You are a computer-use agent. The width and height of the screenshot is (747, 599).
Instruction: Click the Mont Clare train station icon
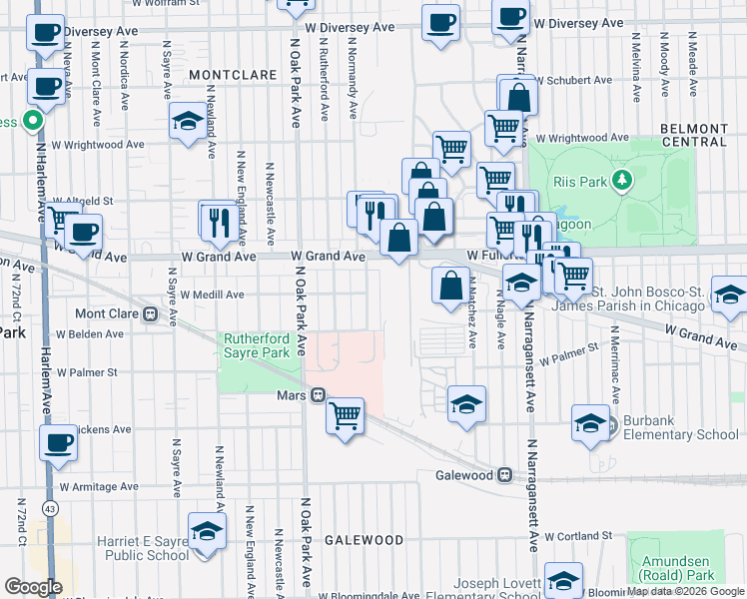click(151, 313)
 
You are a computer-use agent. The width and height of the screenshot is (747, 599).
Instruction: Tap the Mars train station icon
click(318, 394)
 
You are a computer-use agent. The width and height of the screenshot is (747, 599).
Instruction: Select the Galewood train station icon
click(505, 475)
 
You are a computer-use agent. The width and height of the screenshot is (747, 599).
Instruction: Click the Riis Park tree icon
click(622, 180)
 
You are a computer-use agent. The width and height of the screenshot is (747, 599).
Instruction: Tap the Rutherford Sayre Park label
click(256, 345)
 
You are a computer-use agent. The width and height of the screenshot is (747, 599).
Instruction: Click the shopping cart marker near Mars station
click(345, 413)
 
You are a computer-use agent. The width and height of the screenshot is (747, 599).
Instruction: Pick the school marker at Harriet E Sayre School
click(207, 531)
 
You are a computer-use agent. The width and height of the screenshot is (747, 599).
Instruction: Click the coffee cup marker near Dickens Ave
click(58, 442)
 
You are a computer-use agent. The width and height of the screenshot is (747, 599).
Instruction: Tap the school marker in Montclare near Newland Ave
click(187, 122)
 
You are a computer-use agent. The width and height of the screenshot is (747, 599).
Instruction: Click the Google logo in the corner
click(33, 587)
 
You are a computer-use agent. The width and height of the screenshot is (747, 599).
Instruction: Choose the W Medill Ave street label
click(212, 295)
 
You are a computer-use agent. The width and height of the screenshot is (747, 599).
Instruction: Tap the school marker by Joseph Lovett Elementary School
click(563, 582)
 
